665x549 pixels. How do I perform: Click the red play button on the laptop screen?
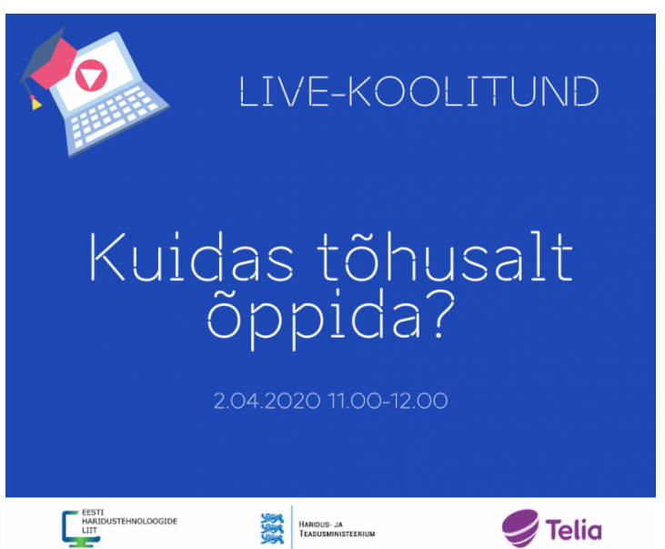click(x=91, y=76)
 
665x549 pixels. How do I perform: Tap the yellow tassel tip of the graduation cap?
click(x=36, y=104)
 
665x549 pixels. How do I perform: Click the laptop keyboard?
click(x=112, y=116)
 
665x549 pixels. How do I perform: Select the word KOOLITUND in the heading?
click(x=473, y=91)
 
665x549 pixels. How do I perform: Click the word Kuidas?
click(x=191, y=258)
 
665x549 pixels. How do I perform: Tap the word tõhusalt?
click(x=445, y=257)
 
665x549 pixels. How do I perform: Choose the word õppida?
click(x=314, y=320)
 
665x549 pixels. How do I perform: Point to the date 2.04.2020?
click(x=267, y=402)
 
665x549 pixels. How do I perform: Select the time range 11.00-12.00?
click(x=388, y=402)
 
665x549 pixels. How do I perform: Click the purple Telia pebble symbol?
click(x=520, y=528)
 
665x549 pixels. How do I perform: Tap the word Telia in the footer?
click(x=573, y=530)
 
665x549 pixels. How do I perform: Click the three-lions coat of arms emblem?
click(x=272, y=528)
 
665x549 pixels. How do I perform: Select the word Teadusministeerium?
click(x=338, y=534)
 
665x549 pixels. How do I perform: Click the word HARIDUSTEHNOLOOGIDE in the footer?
click(x=130, y=522)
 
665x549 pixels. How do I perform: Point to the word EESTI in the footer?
click(x=93, y=513)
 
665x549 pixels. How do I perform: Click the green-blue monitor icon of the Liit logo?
click(x=78, y=529)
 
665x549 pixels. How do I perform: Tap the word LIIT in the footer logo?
click(x=89, y=530)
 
